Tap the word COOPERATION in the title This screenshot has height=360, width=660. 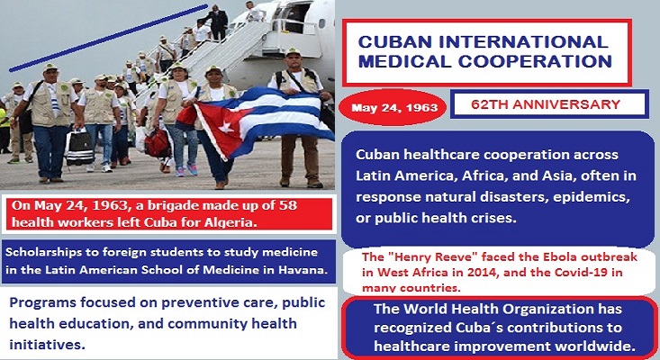click(x=535, y=61)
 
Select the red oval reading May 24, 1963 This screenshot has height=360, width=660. click(x=394, y=108)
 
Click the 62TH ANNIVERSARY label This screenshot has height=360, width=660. click(x=546, y=104)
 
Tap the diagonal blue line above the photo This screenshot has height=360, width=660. click(x=109, y=38)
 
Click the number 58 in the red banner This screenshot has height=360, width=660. click(x=287, y=205)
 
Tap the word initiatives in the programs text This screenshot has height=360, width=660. click(x=47, y=345)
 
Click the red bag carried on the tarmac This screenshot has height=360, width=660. click(x=158, y=143)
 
